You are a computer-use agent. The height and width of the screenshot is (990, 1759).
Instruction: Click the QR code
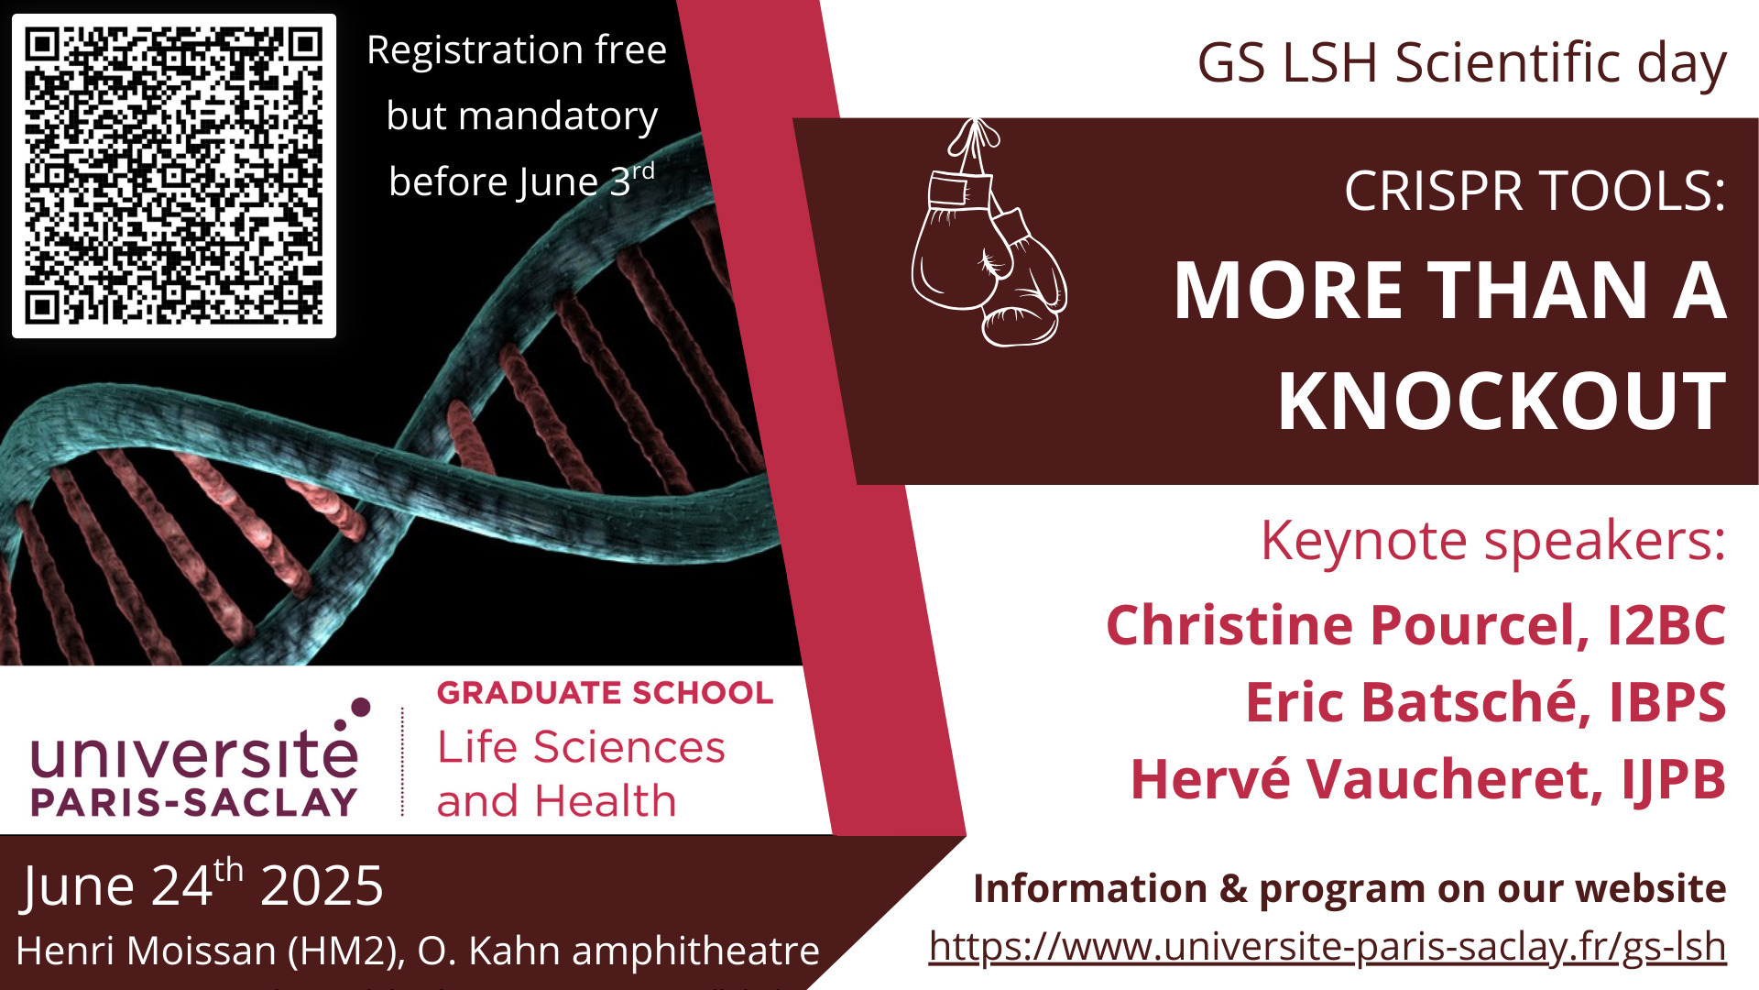pos(174,176)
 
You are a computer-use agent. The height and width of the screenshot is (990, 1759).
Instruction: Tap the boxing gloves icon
pos(989,233)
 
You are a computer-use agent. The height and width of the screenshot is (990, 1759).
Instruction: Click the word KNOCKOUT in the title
pos(1502,401)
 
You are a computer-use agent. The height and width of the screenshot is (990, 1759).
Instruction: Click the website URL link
pos(1327,946)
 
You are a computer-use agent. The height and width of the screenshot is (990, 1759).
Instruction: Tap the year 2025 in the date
pos(322,886)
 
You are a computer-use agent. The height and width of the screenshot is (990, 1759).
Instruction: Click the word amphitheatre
pos(695,951)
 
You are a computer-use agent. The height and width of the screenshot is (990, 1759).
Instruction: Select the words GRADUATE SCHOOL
pos(606,693)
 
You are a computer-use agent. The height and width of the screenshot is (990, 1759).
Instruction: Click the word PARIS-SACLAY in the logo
pos(193,802)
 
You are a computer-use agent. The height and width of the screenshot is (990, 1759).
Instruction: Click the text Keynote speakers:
pos(1493,541)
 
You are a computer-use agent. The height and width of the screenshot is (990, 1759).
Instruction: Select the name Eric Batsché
pos(1417,702)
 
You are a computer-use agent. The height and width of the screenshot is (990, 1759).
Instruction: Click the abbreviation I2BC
pos(1667,626)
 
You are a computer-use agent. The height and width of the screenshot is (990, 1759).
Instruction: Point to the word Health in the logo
pos(606,801)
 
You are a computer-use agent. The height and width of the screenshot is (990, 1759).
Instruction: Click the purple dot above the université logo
pos(361,707)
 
